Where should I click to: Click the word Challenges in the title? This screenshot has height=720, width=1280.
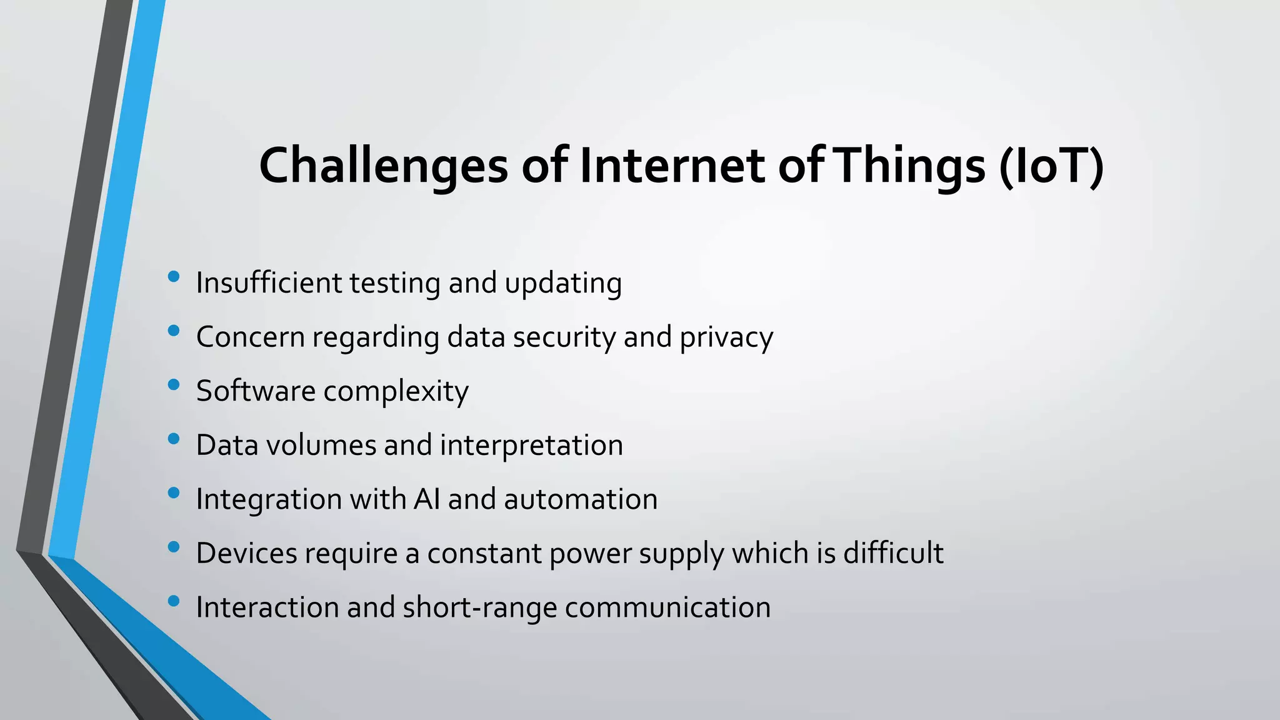pyautogui.click(x=383, y=166)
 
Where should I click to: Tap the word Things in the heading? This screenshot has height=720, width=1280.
pyautogui.click(x=911, y=166)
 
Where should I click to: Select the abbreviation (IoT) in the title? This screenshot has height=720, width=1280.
pyautogui.click(x=1051, y=166)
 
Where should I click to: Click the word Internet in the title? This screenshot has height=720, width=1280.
pyautogui.click(x=672, y=166)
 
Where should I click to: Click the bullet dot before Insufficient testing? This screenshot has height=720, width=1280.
pyautogui.click(x=174, y=276)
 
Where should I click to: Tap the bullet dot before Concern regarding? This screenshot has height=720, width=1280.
pyautogui.click(x=174, y=331)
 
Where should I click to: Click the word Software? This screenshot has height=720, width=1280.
pyautogui.click(x=256, y=391)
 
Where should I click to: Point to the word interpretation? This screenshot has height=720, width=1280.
pyautogui.click(x=531, y=446)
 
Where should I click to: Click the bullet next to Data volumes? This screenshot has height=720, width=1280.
pyautogui.click(x=174, y=439)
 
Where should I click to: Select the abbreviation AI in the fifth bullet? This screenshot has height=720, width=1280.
pyautogui.click(x=426, y=499)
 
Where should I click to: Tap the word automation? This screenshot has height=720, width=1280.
pyautogui.click(x=581, y=499)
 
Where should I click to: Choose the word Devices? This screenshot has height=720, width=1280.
pyautogui.click(x=246, y=553)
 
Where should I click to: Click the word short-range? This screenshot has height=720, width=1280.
pyautogui.click(x=479, y=607)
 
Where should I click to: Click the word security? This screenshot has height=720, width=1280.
pyautogui.click(x=564, y=337)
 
